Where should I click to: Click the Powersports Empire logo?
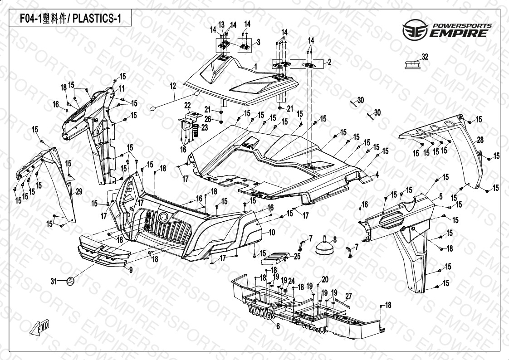click(x=446, y=29)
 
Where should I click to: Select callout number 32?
click(x=425, y=57)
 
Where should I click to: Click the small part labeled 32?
click(x=411, y=64)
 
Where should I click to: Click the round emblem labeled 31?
click(x=71, y=281)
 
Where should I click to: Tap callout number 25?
click(x=297, y=256)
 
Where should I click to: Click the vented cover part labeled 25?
click(x=275, y=258)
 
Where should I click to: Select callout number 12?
click(x=173, y=85)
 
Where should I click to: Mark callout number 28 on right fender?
click(x=480, y=140)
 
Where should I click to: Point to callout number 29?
click(x=78, y=192)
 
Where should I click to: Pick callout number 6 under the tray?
click(x=278, y=326)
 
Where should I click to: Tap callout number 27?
click(x=348, y=296)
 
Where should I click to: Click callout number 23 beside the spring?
click(x=205, y=128)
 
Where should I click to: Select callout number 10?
click(x=272, y=232)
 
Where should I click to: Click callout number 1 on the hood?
click(x=255, y=67)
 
